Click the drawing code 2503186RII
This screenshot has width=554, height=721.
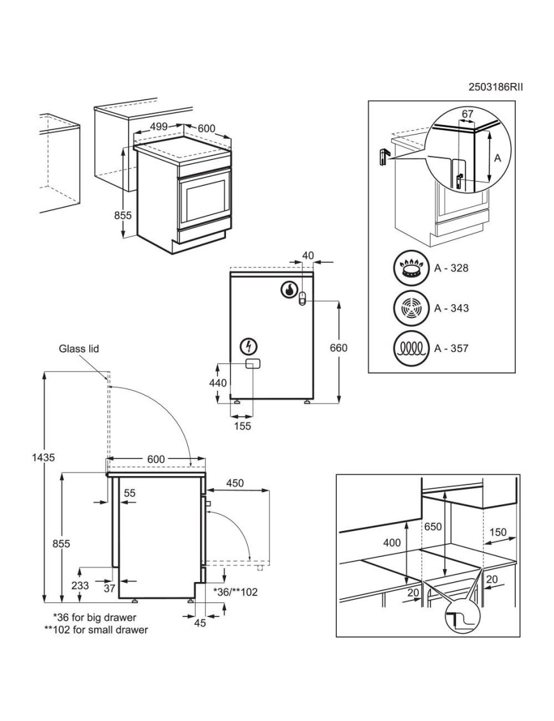(495, 87)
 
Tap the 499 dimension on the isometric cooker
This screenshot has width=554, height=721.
(159, 126)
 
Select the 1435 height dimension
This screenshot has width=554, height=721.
(43, 458)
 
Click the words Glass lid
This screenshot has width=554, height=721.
(78, 349)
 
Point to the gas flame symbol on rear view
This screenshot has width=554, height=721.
(289, 289)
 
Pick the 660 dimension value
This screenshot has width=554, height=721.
(339, 348)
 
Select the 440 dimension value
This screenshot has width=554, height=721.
(218, 382)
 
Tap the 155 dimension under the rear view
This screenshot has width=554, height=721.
(242, 426)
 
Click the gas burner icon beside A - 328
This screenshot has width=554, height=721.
(411, 268)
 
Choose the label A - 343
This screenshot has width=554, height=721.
(451, 308)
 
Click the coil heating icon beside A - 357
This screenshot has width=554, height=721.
(411, 348)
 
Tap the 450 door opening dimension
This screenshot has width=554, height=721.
(235, 483)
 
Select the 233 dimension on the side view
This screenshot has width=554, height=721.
(80, 586)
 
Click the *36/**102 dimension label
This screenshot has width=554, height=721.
(236, 592)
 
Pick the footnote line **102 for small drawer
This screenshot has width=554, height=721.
(96, 629)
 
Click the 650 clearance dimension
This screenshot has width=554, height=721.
(432, 526)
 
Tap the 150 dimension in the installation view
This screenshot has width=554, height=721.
(498, 532)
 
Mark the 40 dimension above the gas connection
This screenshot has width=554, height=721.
(308, 254)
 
